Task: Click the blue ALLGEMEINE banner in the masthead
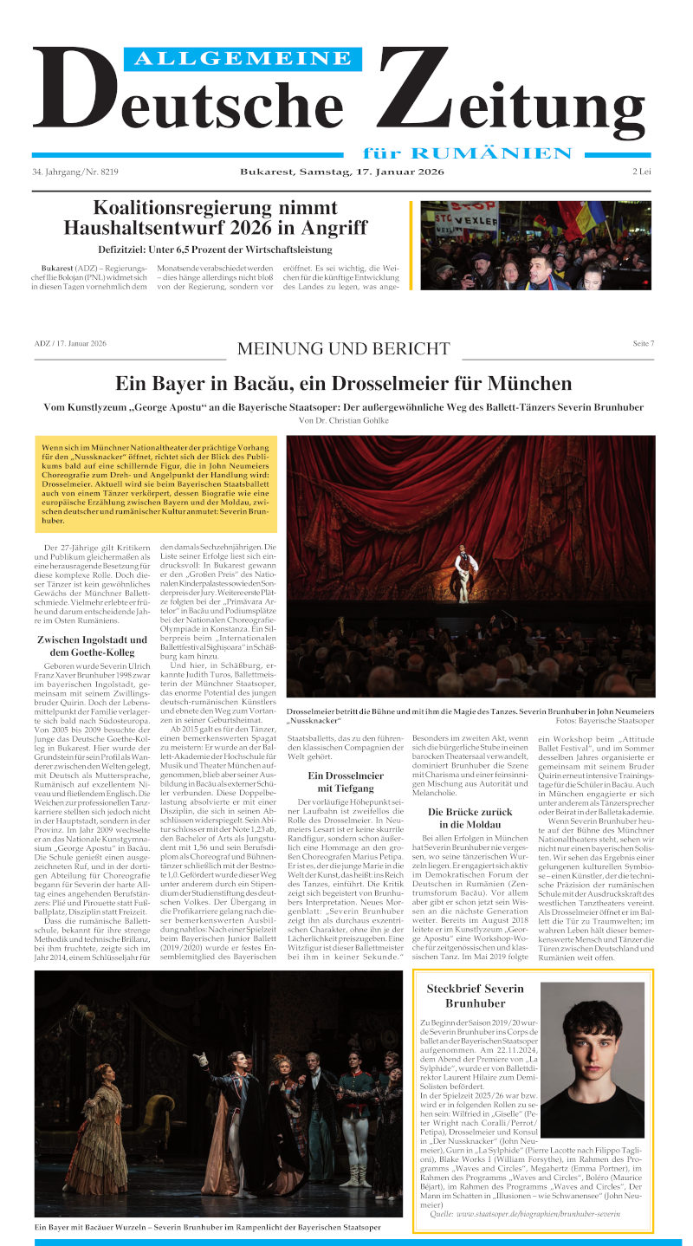pos(243,58)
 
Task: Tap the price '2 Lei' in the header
pos(641,172)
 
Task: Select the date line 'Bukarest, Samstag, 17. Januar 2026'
pos(342,172)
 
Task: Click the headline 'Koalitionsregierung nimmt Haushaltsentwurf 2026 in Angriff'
pos(217,217)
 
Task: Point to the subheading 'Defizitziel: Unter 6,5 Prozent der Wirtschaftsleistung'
pos(217,250)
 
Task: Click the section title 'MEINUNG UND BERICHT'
pos(344,349)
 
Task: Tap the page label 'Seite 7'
pos(644,344)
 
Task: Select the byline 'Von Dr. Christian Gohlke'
pos(344,420)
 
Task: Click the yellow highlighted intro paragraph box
pos(157,483)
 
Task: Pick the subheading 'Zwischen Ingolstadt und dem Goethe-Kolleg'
pos(93,646)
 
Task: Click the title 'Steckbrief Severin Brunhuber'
pos(475,996)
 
